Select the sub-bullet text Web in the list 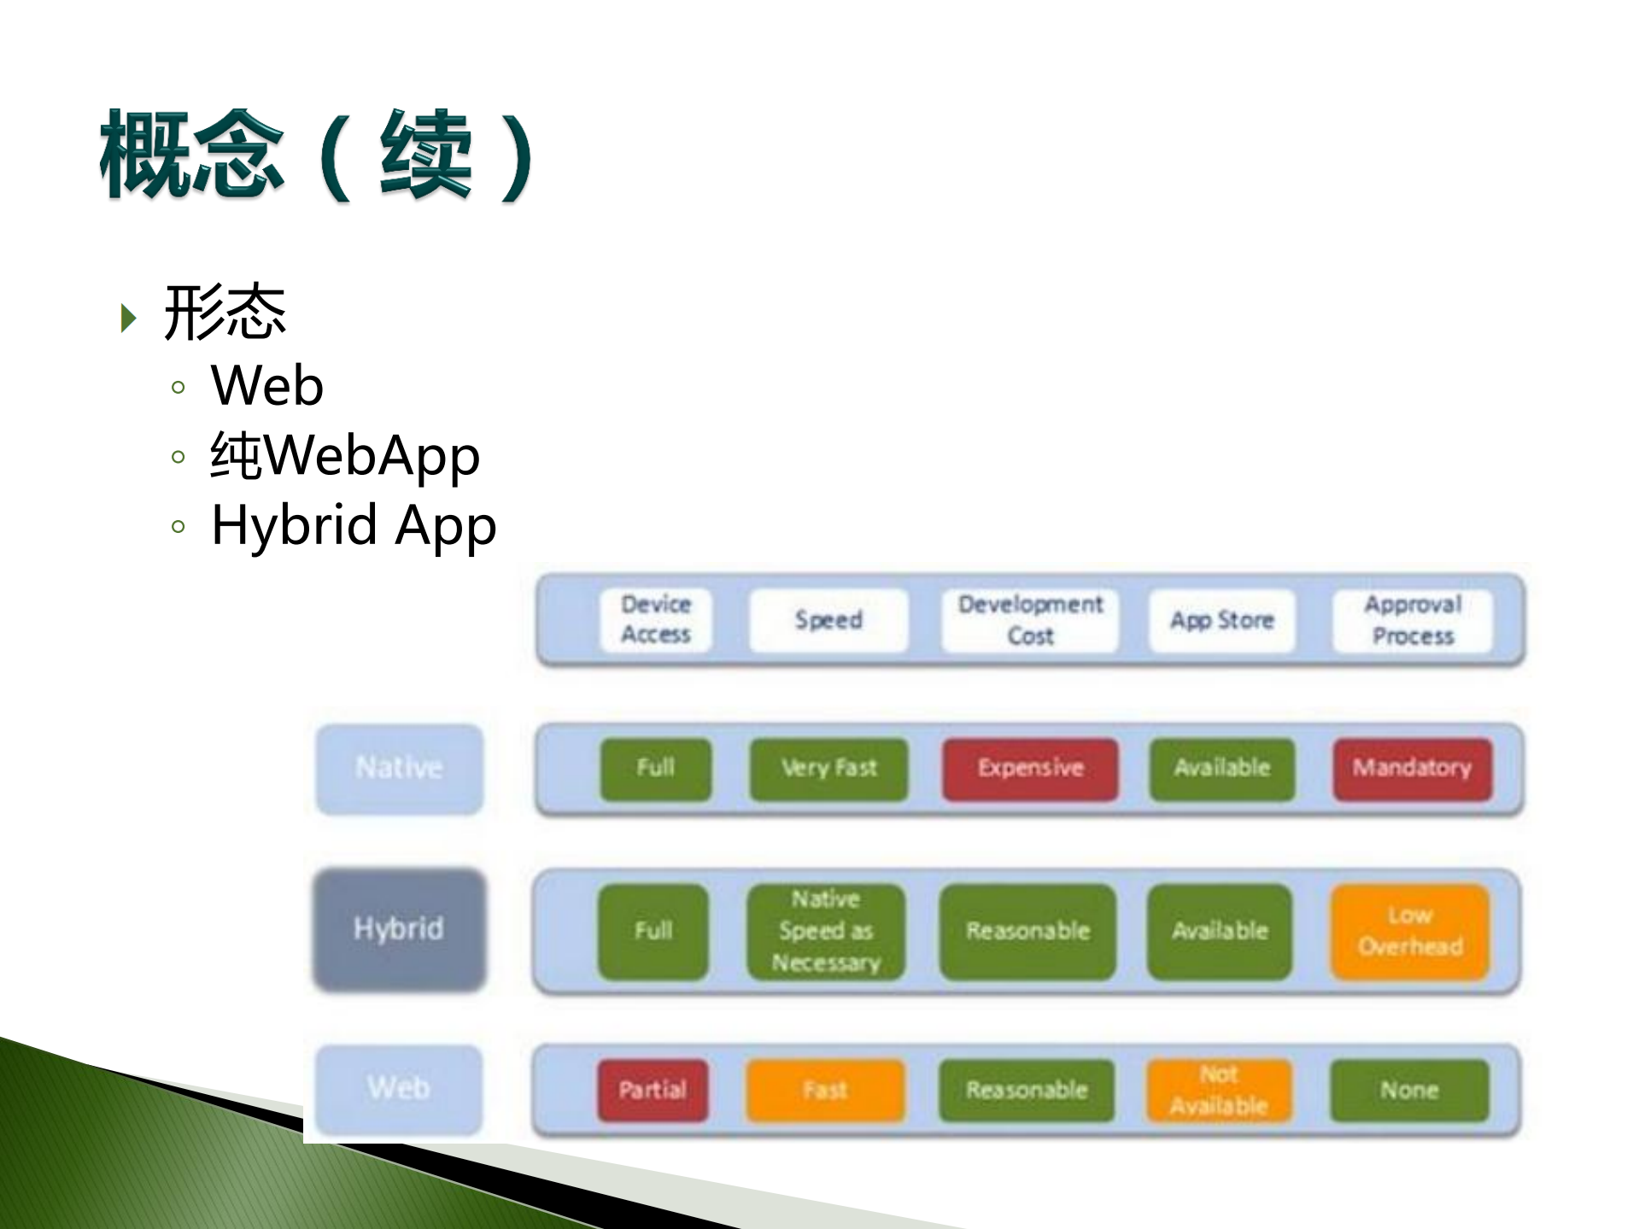[267, 386]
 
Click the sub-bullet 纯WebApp [345, 455]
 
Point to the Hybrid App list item [354, 524]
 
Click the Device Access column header [656, 620]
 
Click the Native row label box [400, 768]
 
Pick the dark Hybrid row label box [400, 929]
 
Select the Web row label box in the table [399, 1089]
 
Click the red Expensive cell [1030, 769]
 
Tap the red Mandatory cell [1413, 769]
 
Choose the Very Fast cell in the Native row [828, 769]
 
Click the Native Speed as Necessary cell [826, 931]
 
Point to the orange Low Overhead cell [1410, 931]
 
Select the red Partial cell [653, 1091]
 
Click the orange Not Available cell [1219, 1091]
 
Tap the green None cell [1409, 1091]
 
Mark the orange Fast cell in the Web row [825, 1091]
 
